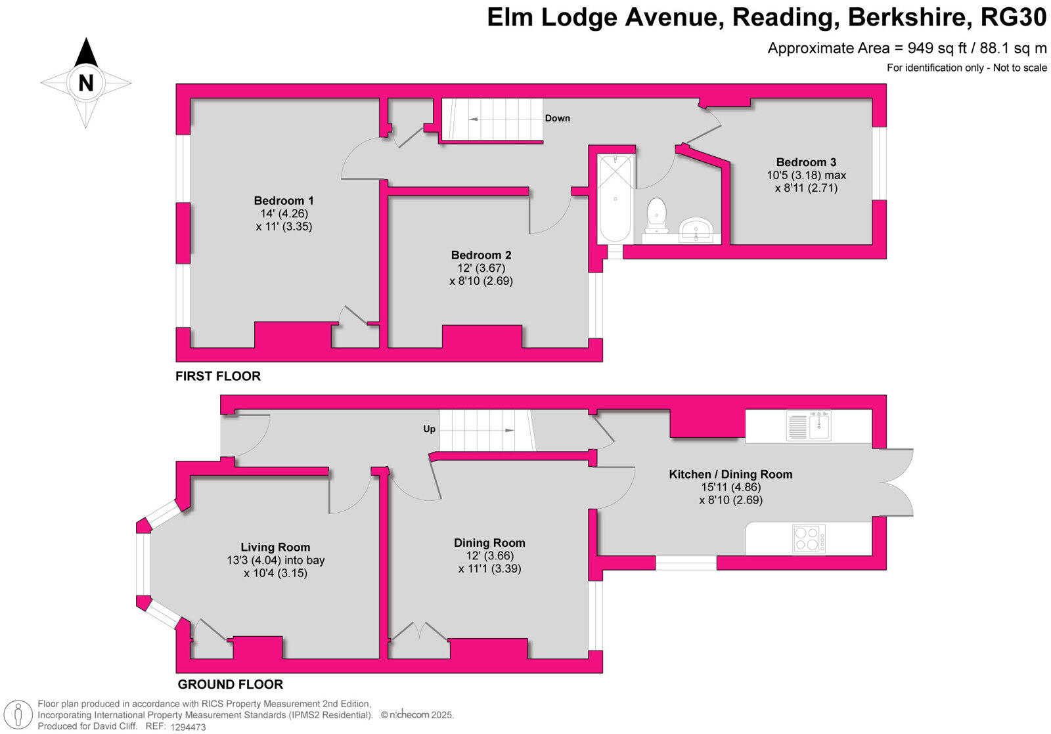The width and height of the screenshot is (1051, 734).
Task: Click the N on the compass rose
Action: (x=85, y=83)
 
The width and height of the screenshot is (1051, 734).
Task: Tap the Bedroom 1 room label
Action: (x=284, y=201)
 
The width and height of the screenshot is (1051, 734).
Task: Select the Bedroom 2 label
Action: (x=481, y=255)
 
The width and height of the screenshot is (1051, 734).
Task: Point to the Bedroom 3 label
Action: (x=806, y=162)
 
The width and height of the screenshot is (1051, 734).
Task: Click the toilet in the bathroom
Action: (x=657, y=215)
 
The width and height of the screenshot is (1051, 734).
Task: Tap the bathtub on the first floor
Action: (x=615, y=198)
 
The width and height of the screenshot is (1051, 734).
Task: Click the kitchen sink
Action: (x=809, y=425)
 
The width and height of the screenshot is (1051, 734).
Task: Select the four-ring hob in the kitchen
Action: (x=809, y=538)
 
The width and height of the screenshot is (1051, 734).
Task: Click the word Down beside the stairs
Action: (x=557, y=118)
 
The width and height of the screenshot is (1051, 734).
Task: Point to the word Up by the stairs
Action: (x=429, y=429)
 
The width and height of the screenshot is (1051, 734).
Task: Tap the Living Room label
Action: (x=275, y=548)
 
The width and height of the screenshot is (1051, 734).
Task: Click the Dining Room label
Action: (x=489, y=543)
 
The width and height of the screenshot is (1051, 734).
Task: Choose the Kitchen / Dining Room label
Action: (x=730, y=474)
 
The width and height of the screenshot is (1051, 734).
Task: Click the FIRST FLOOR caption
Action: (x=218, y=376)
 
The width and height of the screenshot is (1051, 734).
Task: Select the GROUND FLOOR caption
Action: (x=231, y=685)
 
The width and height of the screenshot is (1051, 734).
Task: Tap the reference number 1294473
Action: (x=188, y=727)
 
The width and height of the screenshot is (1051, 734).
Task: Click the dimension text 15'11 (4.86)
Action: (x=730, y=487)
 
